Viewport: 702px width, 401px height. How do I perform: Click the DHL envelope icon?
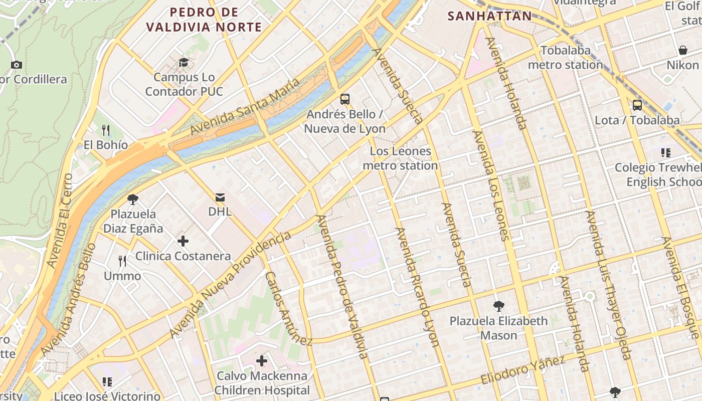220,196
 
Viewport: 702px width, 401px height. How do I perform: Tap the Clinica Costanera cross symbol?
183,241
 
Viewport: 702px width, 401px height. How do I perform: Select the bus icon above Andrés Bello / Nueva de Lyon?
345,99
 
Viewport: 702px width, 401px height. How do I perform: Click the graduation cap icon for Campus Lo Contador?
184,62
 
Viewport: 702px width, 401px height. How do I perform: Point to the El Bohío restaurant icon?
105,130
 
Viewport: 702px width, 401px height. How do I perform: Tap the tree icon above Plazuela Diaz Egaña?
133,199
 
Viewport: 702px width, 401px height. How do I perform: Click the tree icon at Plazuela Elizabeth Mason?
498,306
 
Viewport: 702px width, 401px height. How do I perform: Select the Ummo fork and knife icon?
122,261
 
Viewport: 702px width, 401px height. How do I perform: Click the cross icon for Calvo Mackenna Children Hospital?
262,361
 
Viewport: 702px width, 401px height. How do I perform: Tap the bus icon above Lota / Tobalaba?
637,105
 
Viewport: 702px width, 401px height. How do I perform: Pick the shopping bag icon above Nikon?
682,50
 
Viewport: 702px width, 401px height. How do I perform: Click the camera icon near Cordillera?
17,65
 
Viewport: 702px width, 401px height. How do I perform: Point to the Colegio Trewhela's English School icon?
666,152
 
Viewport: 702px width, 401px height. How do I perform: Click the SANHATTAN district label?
489,16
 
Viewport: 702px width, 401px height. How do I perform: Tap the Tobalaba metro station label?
566,58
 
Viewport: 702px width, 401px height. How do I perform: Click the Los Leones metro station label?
400,158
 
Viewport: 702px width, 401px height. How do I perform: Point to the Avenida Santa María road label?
245,106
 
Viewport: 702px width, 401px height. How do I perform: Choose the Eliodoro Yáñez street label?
523,370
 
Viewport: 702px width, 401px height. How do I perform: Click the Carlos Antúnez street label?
288,309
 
